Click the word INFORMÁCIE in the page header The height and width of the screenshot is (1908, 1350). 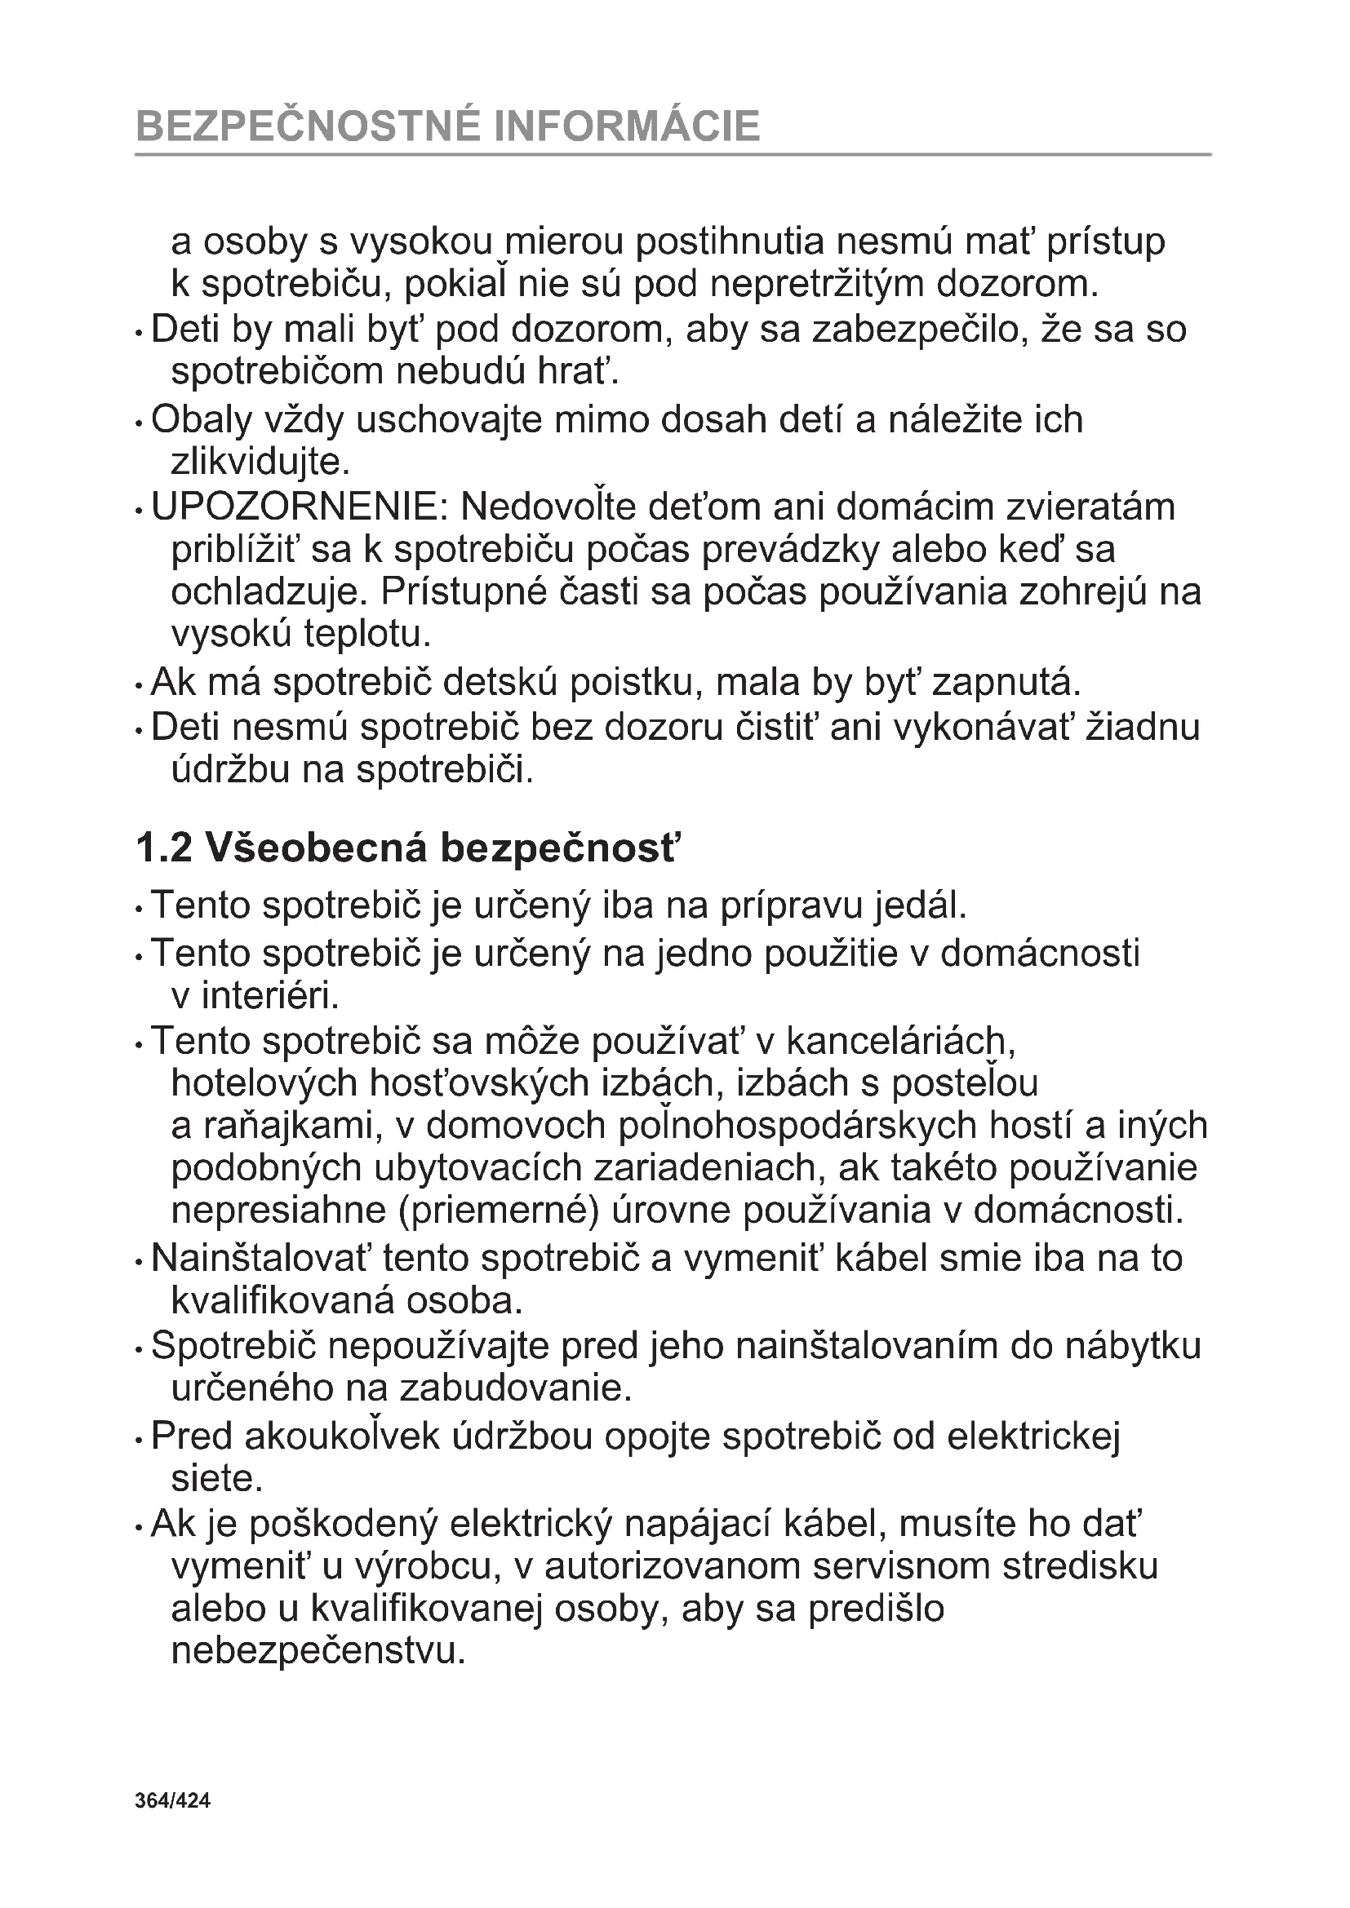point(627,126)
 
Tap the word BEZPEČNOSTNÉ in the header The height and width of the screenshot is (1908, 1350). point(307,126)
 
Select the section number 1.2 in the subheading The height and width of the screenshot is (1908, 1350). point(164,848)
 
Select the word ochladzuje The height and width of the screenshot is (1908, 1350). point(269,592)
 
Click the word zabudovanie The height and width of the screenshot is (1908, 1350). point(515,1388)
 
